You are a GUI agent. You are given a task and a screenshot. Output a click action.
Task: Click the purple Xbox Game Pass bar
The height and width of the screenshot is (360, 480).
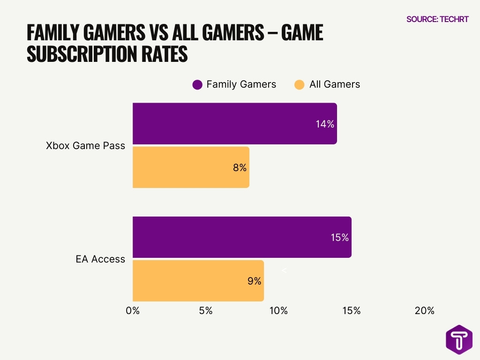234,124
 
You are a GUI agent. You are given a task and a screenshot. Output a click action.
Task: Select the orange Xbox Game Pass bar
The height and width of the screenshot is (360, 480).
191,167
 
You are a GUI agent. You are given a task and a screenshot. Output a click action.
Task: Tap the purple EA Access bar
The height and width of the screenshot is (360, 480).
242,237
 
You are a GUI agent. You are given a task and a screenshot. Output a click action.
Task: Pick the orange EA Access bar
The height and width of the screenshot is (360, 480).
198,281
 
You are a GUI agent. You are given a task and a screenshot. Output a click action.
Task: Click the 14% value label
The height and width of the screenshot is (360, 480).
324,124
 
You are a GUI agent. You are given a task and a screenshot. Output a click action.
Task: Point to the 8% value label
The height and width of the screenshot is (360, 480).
240,167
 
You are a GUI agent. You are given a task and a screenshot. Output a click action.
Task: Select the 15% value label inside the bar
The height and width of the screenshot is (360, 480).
339,238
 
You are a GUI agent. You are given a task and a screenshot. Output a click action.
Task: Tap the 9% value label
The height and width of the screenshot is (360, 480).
254,281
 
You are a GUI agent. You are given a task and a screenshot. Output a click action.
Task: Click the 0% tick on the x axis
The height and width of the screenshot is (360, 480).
133,310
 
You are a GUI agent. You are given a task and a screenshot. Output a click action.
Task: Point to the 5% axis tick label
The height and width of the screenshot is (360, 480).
206,310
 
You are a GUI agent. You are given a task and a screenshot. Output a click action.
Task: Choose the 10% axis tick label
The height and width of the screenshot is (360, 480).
278,310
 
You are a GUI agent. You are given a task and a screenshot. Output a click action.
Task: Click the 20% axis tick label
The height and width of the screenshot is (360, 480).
425,310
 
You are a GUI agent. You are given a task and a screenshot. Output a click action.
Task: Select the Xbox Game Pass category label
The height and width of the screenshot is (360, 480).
86,145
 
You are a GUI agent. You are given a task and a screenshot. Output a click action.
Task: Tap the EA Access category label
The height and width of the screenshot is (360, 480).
100,259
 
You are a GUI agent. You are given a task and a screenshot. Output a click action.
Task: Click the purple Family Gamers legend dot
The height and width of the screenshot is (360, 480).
197,85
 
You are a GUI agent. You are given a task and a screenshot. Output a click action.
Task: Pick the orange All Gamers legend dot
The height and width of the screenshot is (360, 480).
300,85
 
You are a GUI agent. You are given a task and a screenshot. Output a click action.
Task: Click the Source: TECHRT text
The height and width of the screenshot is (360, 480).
437,19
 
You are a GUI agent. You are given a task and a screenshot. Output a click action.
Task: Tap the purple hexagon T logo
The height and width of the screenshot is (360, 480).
459,339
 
